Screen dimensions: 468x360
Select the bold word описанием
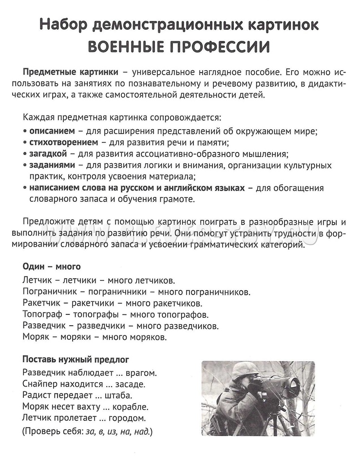(x=52, y=131)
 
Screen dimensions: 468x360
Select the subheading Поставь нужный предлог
(x=76, y=360)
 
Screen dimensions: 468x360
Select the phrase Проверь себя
(x=54, y=431)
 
